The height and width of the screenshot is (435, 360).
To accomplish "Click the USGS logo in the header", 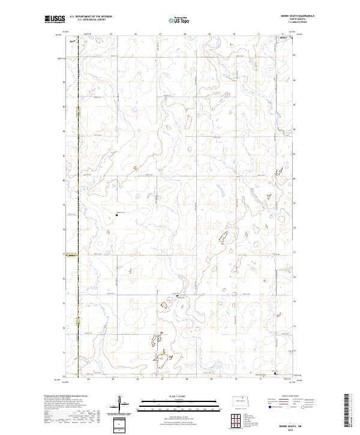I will click(55, 19).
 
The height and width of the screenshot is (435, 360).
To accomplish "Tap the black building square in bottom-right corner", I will click(275, 374).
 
